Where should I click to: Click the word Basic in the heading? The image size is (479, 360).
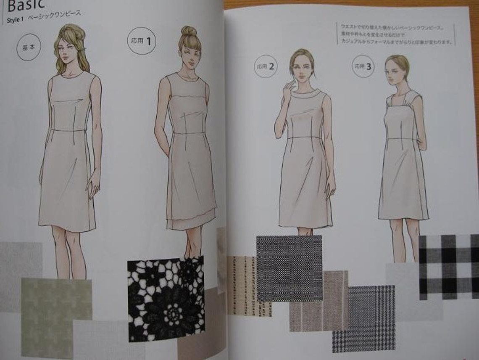tap(26, 5)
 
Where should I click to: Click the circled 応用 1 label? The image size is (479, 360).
tap(142, 41)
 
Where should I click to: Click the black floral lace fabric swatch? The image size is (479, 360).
tap(166, 298)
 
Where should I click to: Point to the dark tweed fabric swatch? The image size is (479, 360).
tap(289, 267)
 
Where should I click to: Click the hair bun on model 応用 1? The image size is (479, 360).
tap(189, 31)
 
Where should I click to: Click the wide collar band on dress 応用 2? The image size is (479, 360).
tap(304, 97)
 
